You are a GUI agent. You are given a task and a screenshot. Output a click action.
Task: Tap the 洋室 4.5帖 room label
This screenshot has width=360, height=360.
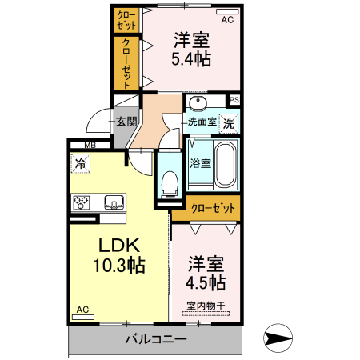[x=206, y=272]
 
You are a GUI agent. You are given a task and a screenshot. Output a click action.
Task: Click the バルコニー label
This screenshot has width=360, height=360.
[x=155, y=339]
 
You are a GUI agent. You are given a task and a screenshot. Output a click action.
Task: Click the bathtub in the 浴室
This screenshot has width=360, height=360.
[x=226, y=163]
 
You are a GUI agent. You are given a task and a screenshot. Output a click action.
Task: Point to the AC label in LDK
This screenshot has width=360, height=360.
[x=82, y=310]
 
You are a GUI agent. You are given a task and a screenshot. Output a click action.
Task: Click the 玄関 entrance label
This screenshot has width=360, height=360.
[x=126, y=122]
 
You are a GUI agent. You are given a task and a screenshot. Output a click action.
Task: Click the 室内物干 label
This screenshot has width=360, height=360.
[x=206, y=304]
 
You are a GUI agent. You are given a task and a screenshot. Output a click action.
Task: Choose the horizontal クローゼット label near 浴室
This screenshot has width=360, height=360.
[x=214, y=208]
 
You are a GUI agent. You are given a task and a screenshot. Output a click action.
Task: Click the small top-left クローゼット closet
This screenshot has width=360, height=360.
[x=126, y=19]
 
